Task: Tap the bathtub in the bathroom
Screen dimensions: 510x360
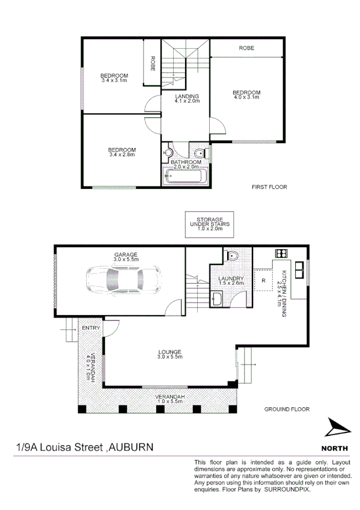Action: pos(186,177)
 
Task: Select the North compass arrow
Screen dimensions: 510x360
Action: pos(336,428)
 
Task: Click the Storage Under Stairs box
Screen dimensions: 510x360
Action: pos(206,224)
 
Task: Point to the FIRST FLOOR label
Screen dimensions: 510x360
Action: pos(269,187)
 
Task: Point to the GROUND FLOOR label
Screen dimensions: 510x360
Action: pos(287,409)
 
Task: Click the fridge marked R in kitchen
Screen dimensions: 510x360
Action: pos(263,280)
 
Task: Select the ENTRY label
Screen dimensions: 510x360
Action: pos(91,328)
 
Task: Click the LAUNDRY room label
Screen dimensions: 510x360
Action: pos(231,279)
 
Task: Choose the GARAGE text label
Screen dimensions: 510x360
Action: pos(126,255)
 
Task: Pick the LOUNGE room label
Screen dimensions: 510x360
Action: pos(169,352)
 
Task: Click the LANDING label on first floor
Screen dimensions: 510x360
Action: pos(187,97)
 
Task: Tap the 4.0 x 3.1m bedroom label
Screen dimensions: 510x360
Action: pos(246,93)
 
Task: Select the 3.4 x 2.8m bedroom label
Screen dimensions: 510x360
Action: pos(121,150)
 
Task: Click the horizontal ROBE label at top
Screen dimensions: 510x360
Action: pos(246,48)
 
